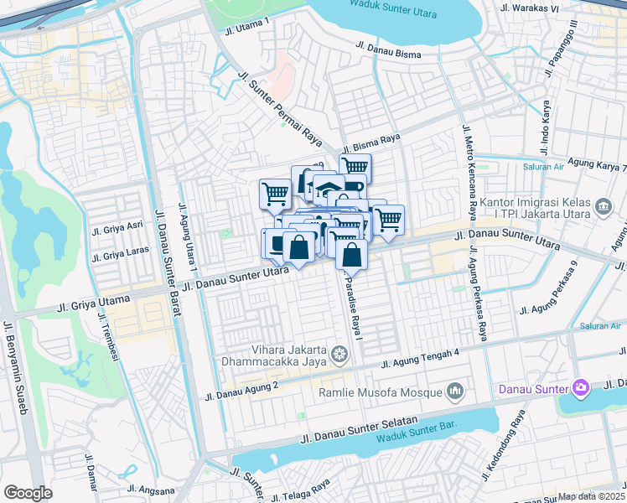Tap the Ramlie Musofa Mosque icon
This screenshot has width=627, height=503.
(x=455, y=392)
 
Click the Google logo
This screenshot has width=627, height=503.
(x=28, y=493)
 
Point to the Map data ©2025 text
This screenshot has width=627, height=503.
(x=592, y=496)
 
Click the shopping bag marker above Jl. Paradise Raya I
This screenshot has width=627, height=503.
(x=352, y=254)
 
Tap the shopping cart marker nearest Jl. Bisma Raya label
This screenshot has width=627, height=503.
(x=355, y=167)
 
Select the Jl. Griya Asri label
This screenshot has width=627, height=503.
(x=117, y=227)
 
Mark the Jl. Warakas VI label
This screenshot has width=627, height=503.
(x=529, y=8)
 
